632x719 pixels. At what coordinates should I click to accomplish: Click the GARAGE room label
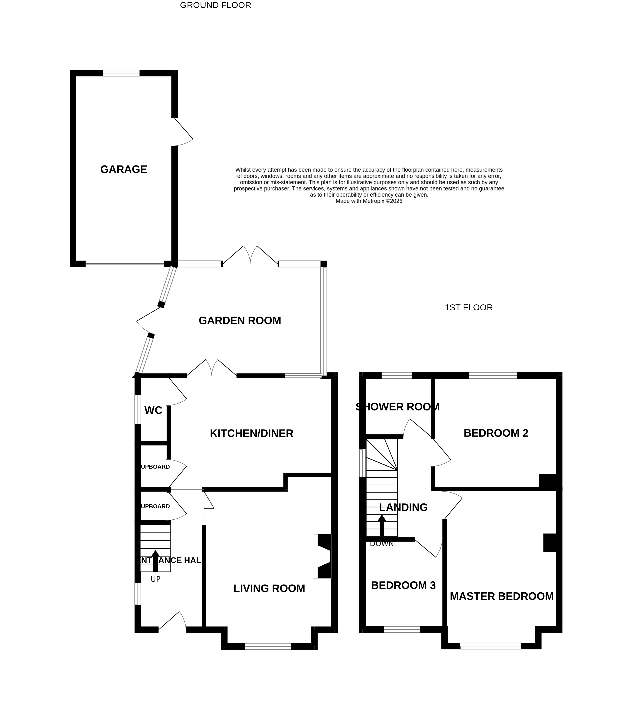pyautogui.click(x=124, y=169)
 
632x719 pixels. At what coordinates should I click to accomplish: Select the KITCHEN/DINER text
pyautogui.click(x=251, y=433)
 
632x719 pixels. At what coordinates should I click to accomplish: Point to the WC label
pyautogui.click(x=153, y=410)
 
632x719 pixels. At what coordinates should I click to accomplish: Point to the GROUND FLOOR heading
pyautogui.click(x=215, y=5)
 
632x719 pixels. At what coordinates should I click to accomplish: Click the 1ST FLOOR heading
pyautogui.click(x=468, y=307)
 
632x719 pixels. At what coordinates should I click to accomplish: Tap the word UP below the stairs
pyautogui.click(x=155, y=579)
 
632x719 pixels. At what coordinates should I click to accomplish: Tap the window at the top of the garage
pyautogui.click(x=121, y=73)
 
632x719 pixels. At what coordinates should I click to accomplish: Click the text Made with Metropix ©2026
pyautogui.click(x=369, y=201)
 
